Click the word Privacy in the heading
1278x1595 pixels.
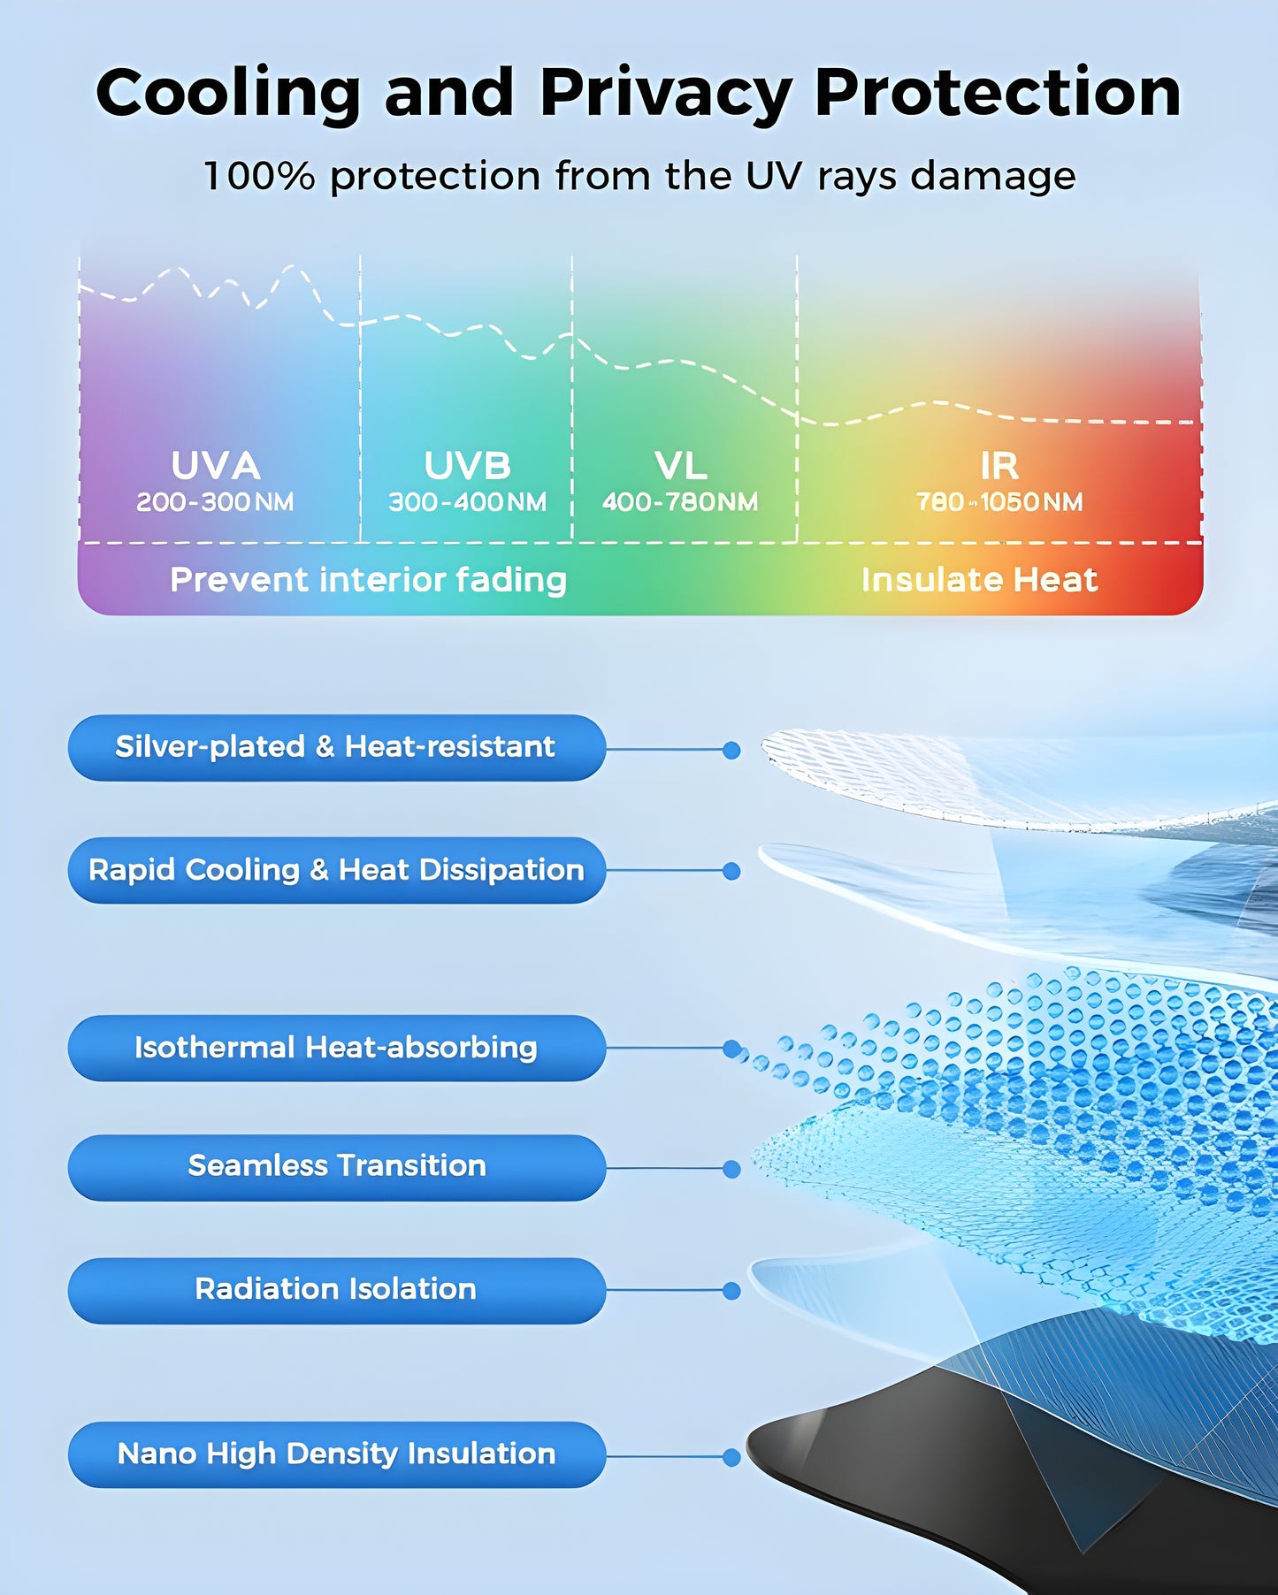665,94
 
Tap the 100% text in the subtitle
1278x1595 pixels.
258,176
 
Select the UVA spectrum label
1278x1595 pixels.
215,466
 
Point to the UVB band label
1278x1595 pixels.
467,466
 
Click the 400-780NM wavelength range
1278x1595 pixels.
679,502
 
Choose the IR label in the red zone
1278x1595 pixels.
999,466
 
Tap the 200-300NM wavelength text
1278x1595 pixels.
215,502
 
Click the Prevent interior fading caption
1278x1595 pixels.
368,580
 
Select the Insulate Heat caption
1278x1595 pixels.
979,580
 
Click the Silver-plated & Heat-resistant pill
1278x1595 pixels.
336,748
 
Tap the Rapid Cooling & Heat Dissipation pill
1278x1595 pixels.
336,870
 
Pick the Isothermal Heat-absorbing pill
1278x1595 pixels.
336,1048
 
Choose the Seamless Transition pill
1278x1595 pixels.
336,1167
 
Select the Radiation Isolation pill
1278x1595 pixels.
336,1290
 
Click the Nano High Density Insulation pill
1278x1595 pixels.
336,1454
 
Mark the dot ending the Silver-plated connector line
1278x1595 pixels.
731,750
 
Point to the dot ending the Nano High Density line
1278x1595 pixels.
731,1457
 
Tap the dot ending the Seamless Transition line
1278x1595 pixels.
731,1169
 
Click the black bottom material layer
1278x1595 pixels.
884,1459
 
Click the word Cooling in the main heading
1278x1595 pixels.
227,94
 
